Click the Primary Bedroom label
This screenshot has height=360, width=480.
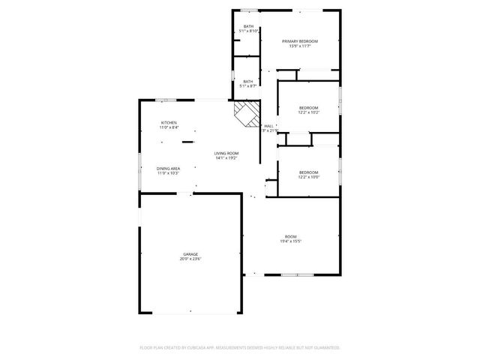(x=300, y=40)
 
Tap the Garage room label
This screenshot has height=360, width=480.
(x=190, y=254)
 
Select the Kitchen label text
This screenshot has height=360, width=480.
(x=169, y=123)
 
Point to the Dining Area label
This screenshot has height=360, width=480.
(x=168, y=168)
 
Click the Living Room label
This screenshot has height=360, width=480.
(x=226, y=153)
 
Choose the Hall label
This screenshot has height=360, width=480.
(x=268, y=126)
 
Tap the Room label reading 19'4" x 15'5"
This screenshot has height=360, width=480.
(x=290, y=236)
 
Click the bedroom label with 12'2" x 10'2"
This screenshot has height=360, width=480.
(x=308, y=108)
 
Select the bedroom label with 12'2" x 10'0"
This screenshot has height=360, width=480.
(x=308, y=172)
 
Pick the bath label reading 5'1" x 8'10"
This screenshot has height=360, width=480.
(x=248, y=27)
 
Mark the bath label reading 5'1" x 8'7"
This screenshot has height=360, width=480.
(x=248, y=82)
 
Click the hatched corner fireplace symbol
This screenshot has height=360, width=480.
(x=245, y=115)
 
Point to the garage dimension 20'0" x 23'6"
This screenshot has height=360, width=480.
(x=190, y=259)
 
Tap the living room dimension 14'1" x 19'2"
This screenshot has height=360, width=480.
(x=226, y=158)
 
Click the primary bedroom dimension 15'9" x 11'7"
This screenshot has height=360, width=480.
(x=300, y=46)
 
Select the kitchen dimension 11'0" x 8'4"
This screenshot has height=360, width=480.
(x=169, y=128)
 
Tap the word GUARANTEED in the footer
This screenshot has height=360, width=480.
(x=324, y=348)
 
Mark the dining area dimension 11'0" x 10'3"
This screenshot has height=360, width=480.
(x=168, y=173)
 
